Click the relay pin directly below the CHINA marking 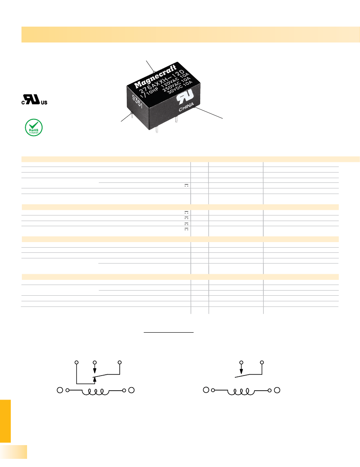tap(177, 122)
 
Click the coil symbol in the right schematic tap(241, 391)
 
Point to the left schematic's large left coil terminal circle tap(60, 390)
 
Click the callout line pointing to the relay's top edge tap(150, 65)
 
